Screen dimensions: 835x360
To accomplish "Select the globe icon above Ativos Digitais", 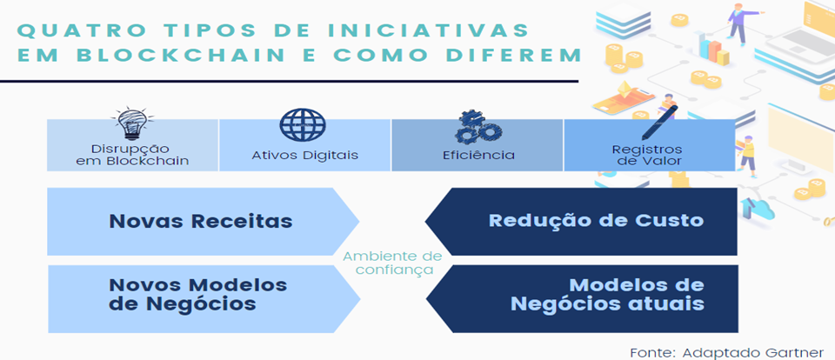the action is [303, 124].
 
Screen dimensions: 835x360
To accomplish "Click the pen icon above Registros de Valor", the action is [659, 123].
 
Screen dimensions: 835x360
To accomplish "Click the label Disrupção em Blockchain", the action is [132, 155].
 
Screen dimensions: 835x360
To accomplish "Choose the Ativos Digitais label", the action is [304, 156].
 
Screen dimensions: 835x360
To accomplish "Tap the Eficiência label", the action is [478, 156].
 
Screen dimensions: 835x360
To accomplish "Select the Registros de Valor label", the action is [647, 155].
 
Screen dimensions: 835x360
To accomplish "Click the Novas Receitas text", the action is [201, 221].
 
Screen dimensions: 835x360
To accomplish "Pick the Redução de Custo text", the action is [597, 221].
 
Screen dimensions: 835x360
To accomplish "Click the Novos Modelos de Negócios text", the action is [198, 294].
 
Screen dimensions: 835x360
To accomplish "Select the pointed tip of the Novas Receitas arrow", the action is [359, 221].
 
